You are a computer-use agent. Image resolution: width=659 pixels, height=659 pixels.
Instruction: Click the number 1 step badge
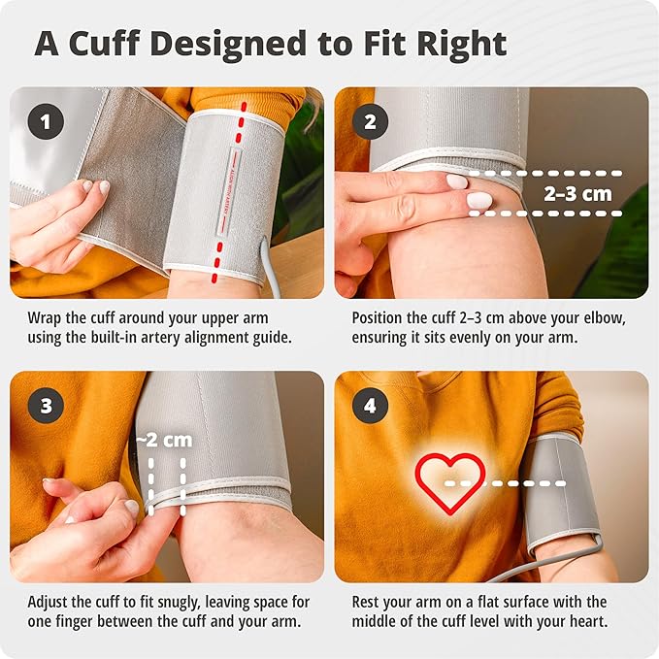click(x=46, y=121)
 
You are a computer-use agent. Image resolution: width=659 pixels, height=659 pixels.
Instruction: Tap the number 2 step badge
click(x=371, y=121)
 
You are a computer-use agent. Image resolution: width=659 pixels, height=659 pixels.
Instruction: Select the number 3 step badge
click(x=46, y=406)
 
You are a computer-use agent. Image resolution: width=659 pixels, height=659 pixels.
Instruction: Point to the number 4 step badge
click(x=371, y=406)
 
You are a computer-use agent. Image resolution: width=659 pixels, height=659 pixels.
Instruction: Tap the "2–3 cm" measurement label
click(x=577, y=194)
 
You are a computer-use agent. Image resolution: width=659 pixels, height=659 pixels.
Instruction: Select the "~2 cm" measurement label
click(x=164, y=440)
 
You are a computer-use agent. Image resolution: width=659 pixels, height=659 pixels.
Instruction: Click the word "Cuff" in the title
click(x=104, y=43)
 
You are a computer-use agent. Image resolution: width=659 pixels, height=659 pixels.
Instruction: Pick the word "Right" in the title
click(x=462, y=45)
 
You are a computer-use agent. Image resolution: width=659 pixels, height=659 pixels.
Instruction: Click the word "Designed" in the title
click(x=228, y=45)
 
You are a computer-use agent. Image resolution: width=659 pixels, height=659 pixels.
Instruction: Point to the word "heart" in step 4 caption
click(x=588, y=621)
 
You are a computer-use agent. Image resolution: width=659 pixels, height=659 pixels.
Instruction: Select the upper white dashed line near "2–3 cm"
click(x=545, y=173)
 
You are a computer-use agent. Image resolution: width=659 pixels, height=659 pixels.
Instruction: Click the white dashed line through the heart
click(x=505, y=483)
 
